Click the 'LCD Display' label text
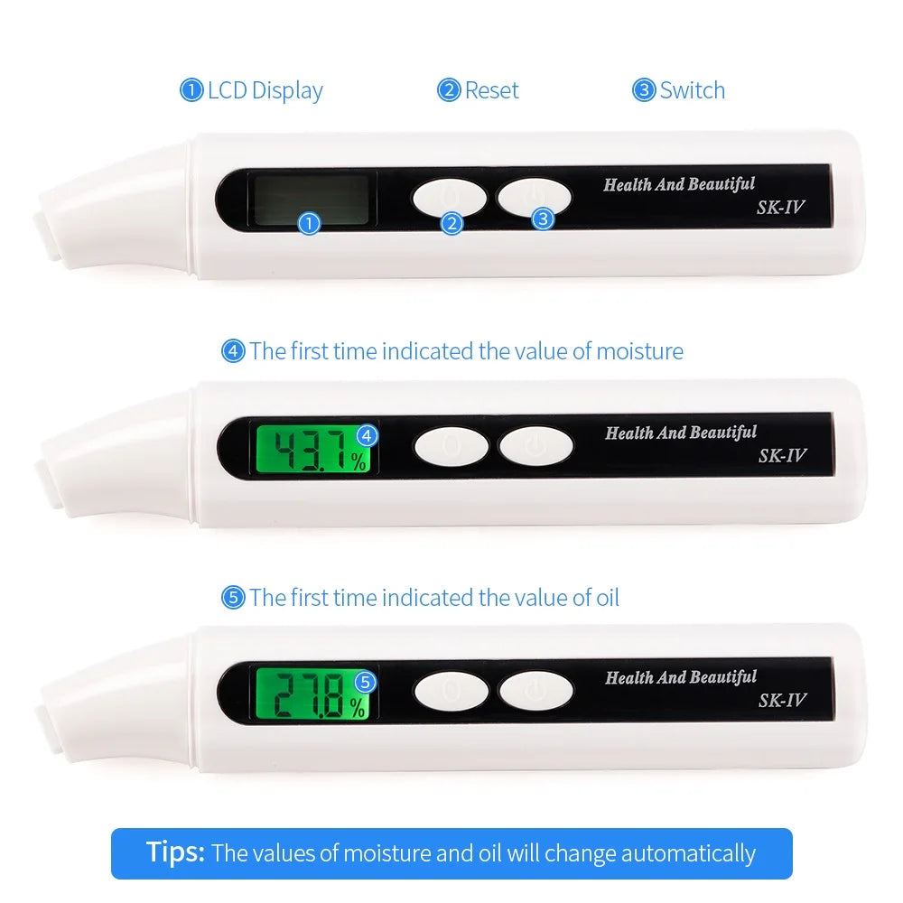tap(265, 91)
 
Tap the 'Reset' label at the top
tap(491, 90)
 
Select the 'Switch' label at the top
tap(693, 90)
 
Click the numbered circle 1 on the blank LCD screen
tap(309, 223)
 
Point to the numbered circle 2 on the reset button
tap(451, 223)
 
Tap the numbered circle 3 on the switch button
tap(543, 219)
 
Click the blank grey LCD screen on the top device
tap(311, 200)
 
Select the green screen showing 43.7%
tap(312, 449)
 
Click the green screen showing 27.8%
tap(312, 694)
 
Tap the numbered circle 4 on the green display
tap(367, 435)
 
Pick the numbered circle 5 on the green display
tap(365, 683)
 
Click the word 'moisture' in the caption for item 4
tap(640, 351)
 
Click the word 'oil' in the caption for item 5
tap(608, 598)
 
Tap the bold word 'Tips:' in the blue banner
tap(175, 852)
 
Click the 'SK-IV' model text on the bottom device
tap(782, 701)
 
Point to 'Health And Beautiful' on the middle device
tap(681, 433)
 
